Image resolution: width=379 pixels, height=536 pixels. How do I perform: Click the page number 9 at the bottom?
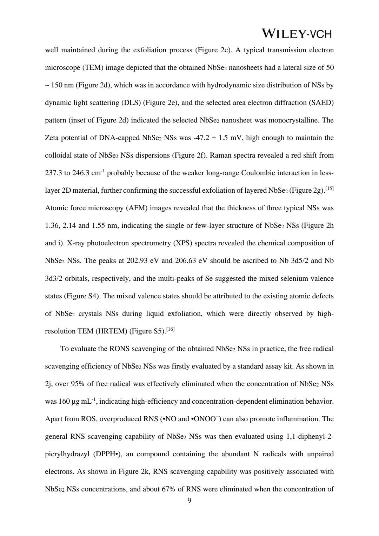coord(189,501)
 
